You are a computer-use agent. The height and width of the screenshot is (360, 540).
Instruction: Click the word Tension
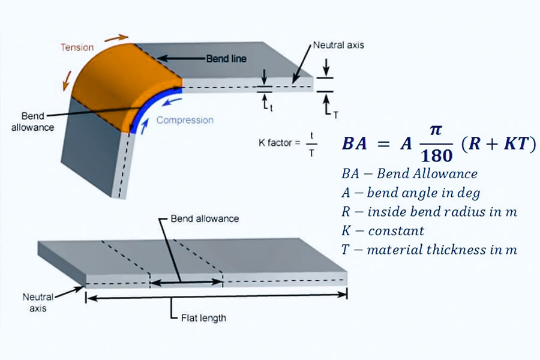coord(77,47)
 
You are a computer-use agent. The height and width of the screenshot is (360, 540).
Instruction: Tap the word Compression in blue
coord(185,120)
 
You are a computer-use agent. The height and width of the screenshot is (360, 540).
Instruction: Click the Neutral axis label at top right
coord(338,45)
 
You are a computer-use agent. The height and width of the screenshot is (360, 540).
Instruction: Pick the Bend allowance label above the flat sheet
coord(205,218)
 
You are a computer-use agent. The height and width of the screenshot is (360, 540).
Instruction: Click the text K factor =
coord(278,142)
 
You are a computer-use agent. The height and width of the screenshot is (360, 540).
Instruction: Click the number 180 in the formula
coord(428,155)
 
